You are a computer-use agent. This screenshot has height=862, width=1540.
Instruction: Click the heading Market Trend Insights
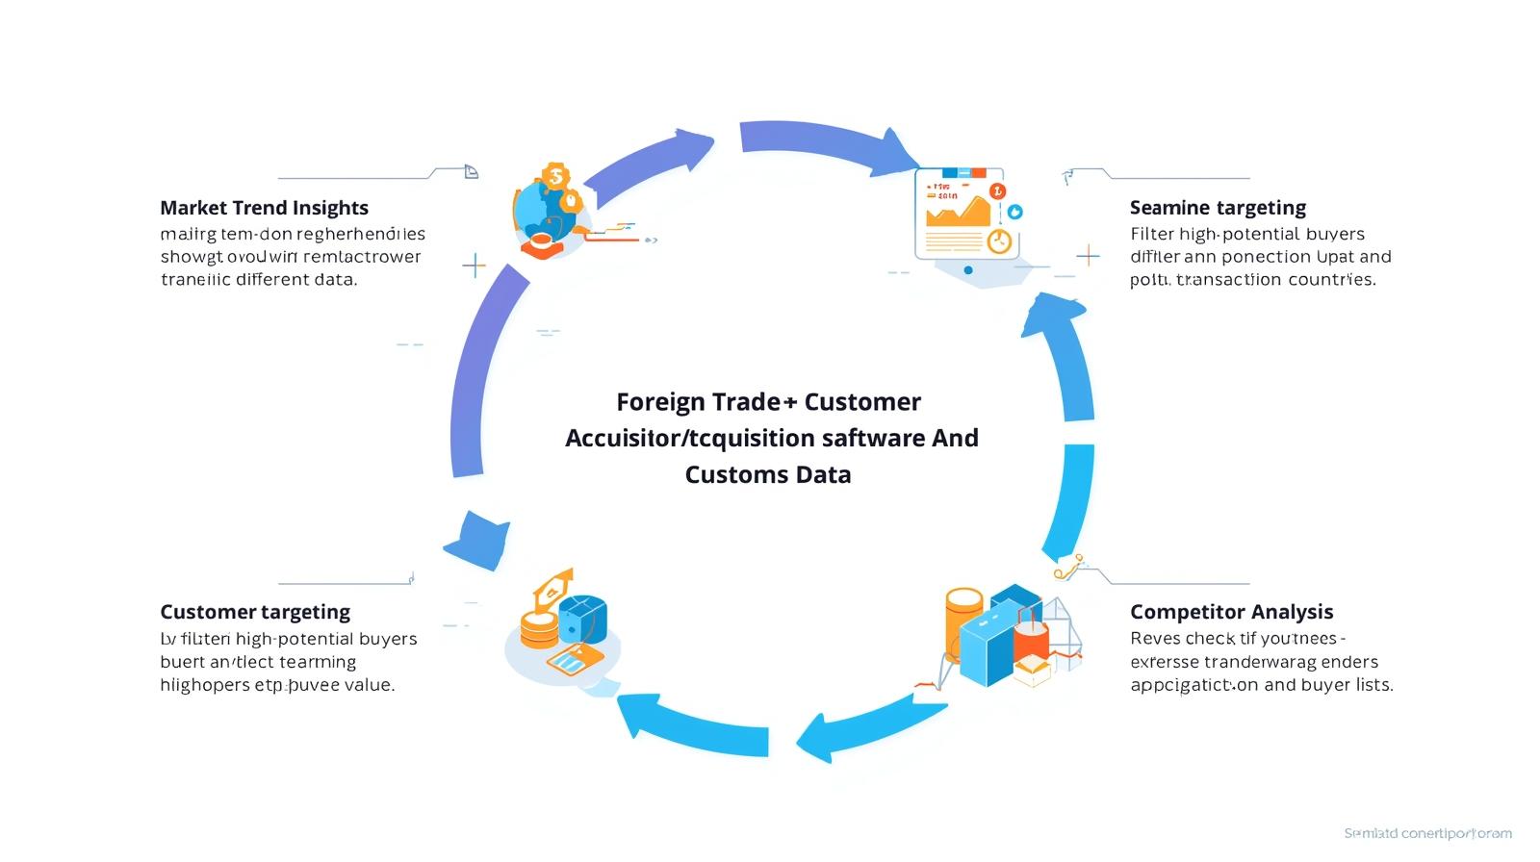point(264,208)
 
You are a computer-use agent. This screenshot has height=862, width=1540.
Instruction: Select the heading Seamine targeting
point(1218,208)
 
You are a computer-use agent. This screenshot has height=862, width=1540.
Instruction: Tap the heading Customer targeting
point(255,612)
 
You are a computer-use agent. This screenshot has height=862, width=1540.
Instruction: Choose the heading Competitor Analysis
point(1231,612)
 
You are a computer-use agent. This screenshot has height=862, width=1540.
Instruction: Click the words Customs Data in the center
point(767,474)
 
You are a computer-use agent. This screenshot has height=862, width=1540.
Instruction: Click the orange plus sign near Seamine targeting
point(1088,255)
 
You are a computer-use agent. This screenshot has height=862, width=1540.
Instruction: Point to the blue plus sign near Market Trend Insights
point(474,265)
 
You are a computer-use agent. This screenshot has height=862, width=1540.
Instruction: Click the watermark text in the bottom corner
point(1427,833)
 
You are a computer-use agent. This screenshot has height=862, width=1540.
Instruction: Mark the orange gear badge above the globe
point(555,177)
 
